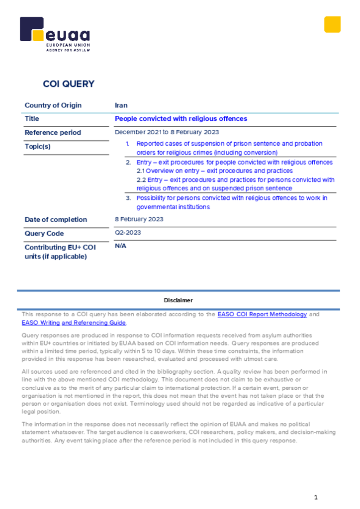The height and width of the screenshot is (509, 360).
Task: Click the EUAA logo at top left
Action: [55, 34]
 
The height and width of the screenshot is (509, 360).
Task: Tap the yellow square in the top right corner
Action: [332, 24]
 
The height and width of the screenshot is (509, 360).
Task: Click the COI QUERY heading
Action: [69, 84]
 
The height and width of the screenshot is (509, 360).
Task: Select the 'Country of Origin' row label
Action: [53, 105]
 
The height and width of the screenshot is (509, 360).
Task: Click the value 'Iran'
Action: [121, 105]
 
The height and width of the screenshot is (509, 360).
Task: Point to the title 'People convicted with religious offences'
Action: [180, 119]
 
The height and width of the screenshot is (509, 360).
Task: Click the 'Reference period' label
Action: [53, 133]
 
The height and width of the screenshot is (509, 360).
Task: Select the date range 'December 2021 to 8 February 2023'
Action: [167, 132]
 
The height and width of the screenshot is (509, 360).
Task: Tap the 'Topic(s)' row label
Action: [38, 147]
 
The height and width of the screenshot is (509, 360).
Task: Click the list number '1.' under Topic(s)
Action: [127, 144]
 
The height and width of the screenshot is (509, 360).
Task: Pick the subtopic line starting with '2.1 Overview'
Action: [215, 171]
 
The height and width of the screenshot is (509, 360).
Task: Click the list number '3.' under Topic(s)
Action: [128, 198]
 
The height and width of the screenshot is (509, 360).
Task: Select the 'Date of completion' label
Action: [56, 220]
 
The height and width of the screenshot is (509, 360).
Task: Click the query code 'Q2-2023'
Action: [128, 233]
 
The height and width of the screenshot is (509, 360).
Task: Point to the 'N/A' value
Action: [120, 246]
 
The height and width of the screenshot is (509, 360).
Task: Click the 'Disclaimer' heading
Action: [178, 300]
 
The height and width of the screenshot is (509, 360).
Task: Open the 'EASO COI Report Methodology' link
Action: [262, 314]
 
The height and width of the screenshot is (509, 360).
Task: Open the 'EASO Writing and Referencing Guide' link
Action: [74, 323]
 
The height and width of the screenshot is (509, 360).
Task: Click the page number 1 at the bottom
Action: [315, 498]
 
